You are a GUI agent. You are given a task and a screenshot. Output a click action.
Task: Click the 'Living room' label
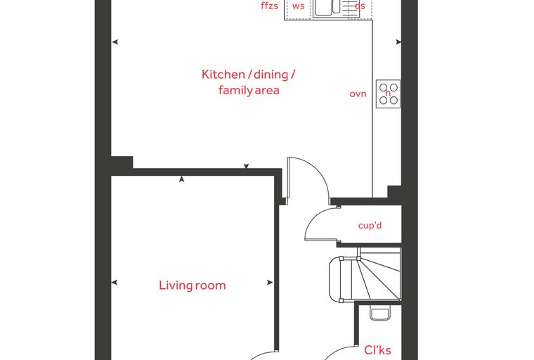coord(193,285)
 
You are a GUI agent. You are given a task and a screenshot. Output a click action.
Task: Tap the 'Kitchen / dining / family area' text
coord(249,82)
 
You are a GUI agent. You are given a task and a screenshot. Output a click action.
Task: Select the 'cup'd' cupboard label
coord(370,226)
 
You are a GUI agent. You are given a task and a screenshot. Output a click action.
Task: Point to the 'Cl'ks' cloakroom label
coord(377,350)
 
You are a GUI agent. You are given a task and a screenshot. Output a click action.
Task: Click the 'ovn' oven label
coord(358,94)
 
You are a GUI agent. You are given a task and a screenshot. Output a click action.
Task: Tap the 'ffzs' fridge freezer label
coord(269,6)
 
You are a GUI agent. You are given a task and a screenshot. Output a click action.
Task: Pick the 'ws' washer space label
coord(299,6)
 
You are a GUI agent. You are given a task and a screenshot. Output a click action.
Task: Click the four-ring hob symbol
coord(389,94)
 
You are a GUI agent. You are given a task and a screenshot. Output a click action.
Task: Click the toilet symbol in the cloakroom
coord(380,313)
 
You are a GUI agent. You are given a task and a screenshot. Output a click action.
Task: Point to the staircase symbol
coord(365,275)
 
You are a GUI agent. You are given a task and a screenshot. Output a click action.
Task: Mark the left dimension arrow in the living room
coord(115,282)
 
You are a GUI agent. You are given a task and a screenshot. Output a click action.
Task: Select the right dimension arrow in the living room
coord(270,282)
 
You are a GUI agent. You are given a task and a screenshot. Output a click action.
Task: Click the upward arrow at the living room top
coord(181,179)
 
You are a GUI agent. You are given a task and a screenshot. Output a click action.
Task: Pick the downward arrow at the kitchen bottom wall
coord(246,166)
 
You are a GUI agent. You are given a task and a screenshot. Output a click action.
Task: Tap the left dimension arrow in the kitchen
coord(115,42)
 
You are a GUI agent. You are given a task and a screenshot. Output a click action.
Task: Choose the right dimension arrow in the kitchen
coord(398,42)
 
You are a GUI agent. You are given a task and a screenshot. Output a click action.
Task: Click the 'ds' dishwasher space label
coord(360,6)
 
